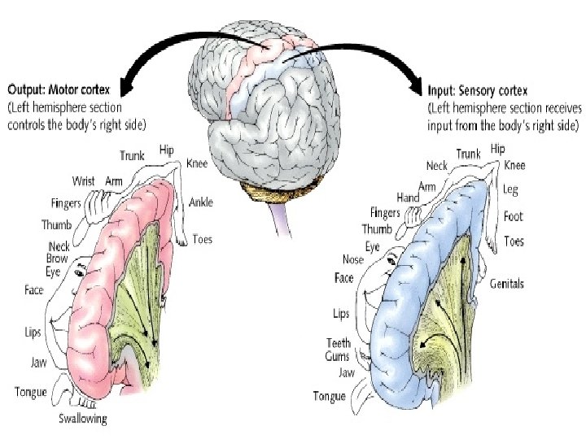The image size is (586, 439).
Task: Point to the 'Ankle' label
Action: (202, 202)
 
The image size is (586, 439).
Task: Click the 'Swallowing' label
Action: (82, 419)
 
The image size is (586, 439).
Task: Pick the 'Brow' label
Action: (57, 259)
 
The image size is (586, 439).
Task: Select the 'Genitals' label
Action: (507, 284)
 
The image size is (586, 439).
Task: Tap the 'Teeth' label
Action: (339, 343)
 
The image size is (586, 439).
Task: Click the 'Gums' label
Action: (338, 356)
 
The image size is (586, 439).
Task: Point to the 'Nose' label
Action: (352, 259)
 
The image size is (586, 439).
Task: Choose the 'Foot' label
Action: (513, 216)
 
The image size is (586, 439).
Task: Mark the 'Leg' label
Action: (510, 190)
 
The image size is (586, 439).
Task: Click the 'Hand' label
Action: (408, 197)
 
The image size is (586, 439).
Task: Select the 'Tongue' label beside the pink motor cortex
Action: (31, 393)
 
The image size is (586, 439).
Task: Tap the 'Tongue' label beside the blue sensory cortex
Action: (330, 397)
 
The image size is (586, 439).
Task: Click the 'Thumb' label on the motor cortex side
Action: (57, 225)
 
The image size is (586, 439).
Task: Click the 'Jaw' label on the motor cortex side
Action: (38, 363)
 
